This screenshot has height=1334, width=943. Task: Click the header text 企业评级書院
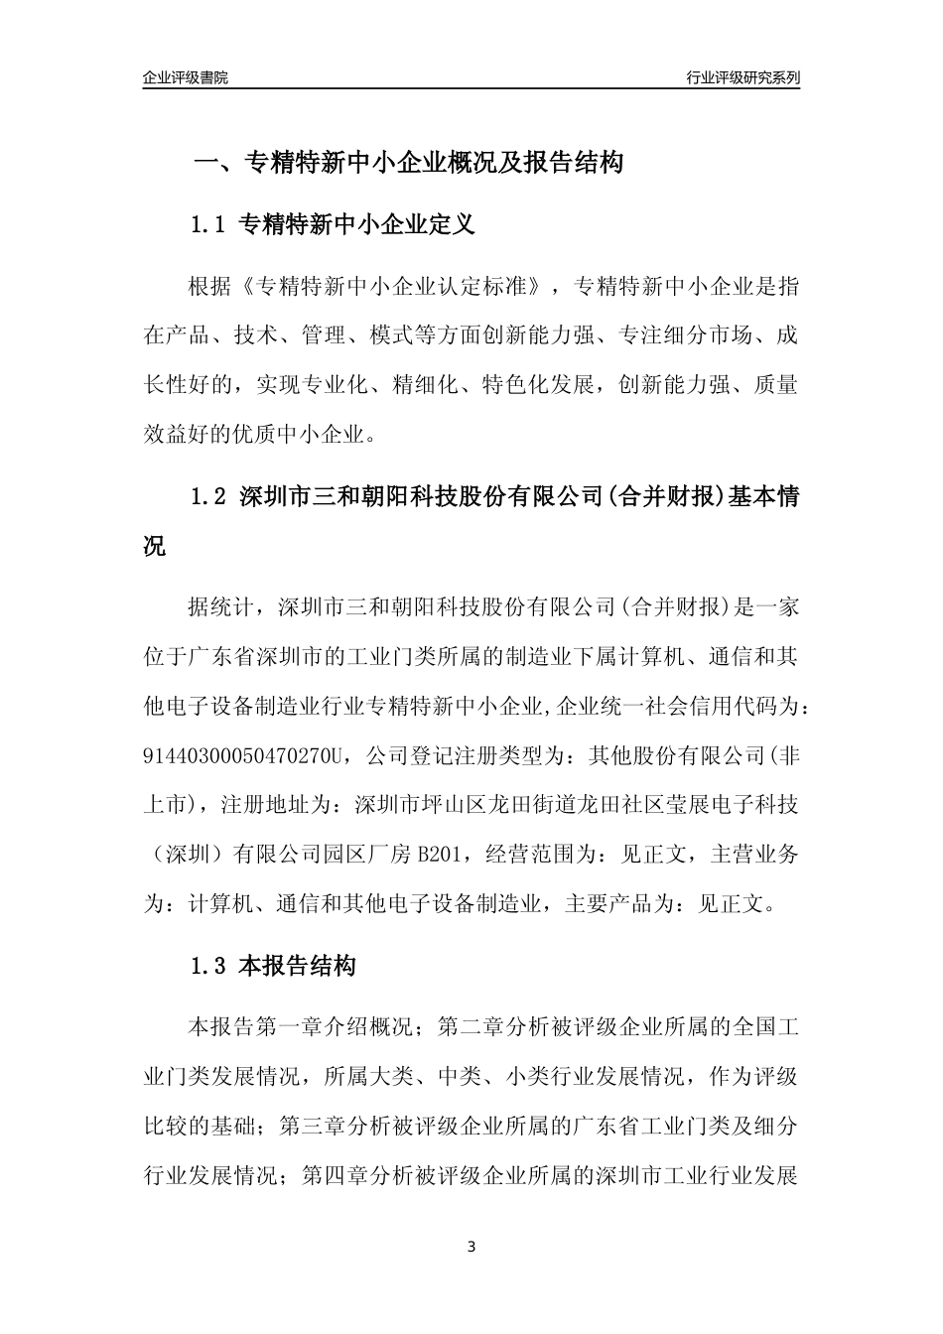pos(186,77)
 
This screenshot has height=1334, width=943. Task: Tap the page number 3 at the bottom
pos(471,1247)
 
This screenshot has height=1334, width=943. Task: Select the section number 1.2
pos(208,497)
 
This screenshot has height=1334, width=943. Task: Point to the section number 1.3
pos(208,965)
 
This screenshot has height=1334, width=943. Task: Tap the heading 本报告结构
pos(298,965)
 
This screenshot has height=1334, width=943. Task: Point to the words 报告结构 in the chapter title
pos(576,163)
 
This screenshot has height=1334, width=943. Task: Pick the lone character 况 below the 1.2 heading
pos(156,546)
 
